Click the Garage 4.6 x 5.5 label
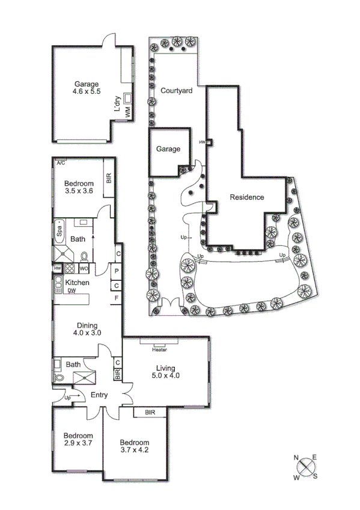pyautogui.click(x=87, y=88)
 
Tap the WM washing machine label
pyautogui.click(x=127, y=114)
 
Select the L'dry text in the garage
pyautogui.click(x=118, y=106)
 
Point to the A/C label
pyautogui.click(x=61, y=163)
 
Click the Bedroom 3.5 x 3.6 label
pyautogui.click(x=79, y=188)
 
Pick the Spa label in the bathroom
pyautogui.click(x=59, y=229)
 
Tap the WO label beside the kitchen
pyautogui.click(x=84, y=268)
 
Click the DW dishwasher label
pyautogui.click(x=71, y=290)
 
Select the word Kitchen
pyautogui.click(x=78, y=283)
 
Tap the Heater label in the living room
pyautogui.click(x=159, y=350)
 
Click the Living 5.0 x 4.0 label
pyautogui.click(x=165, y=372)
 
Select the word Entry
pyautogui.click(x=99, y=395)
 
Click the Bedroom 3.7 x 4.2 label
pyautogui.click(x=134, y=446)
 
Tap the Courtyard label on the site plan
pyautogui.click(x=176, y=91)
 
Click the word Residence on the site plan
pyautogui.click(x=246, y=197)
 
